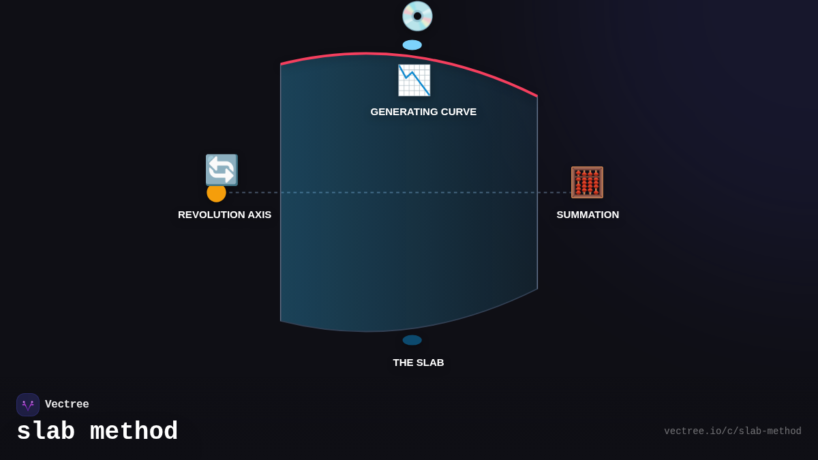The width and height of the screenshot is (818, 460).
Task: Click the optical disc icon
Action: tap(417, 16)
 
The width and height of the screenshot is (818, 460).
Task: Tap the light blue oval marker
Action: tap(412, 45)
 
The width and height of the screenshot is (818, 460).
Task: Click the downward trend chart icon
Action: tap(414, 80)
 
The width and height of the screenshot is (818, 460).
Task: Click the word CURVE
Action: tap(459, 112)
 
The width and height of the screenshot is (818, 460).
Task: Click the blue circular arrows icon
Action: tap(222, 170)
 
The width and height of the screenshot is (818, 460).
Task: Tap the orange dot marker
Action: tap(216, 193)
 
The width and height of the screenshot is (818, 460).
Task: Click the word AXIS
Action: tap(259, 215)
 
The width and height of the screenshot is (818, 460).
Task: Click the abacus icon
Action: tap(587, 183)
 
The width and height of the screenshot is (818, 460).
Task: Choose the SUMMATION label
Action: tap(588, 215)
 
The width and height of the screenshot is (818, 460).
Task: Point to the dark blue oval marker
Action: tap(412, 340)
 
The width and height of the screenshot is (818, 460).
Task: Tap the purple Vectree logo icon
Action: tap(28, 405)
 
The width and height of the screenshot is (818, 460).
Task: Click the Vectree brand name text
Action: tap(67, 405)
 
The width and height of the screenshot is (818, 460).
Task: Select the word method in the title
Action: tap(134, 432)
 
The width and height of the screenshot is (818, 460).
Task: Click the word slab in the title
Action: tap(46, 432)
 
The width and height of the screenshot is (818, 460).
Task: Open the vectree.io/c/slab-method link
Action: tap(732, 431)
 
